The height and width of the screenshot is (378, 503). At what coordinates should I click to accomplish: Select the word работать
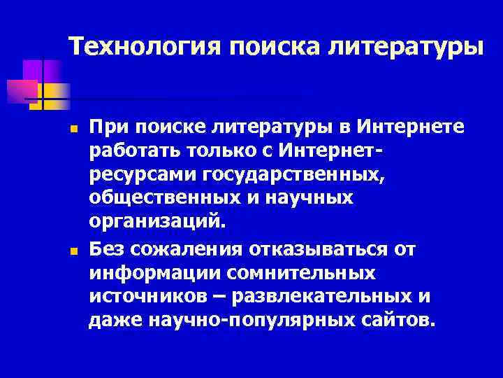130,150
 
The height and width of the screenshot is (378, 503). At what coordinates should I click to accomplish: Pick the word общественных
152,198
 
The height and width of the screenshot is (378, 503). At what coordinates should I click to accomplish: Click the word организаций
157,223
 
